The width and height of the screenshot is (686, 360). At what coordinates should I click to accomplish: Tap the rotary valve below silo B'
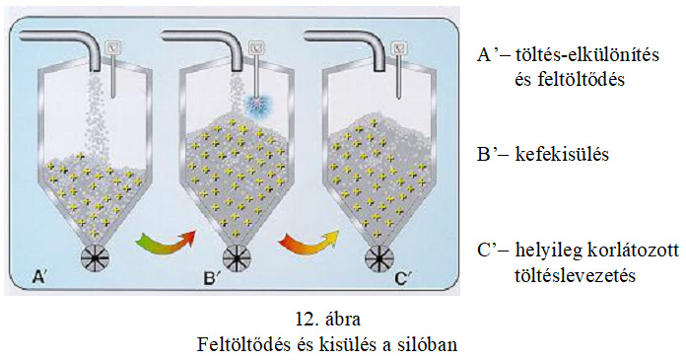[236, 259]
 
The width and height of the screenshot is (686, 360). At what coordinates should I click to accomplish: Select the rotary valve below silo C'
[377, 259]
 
